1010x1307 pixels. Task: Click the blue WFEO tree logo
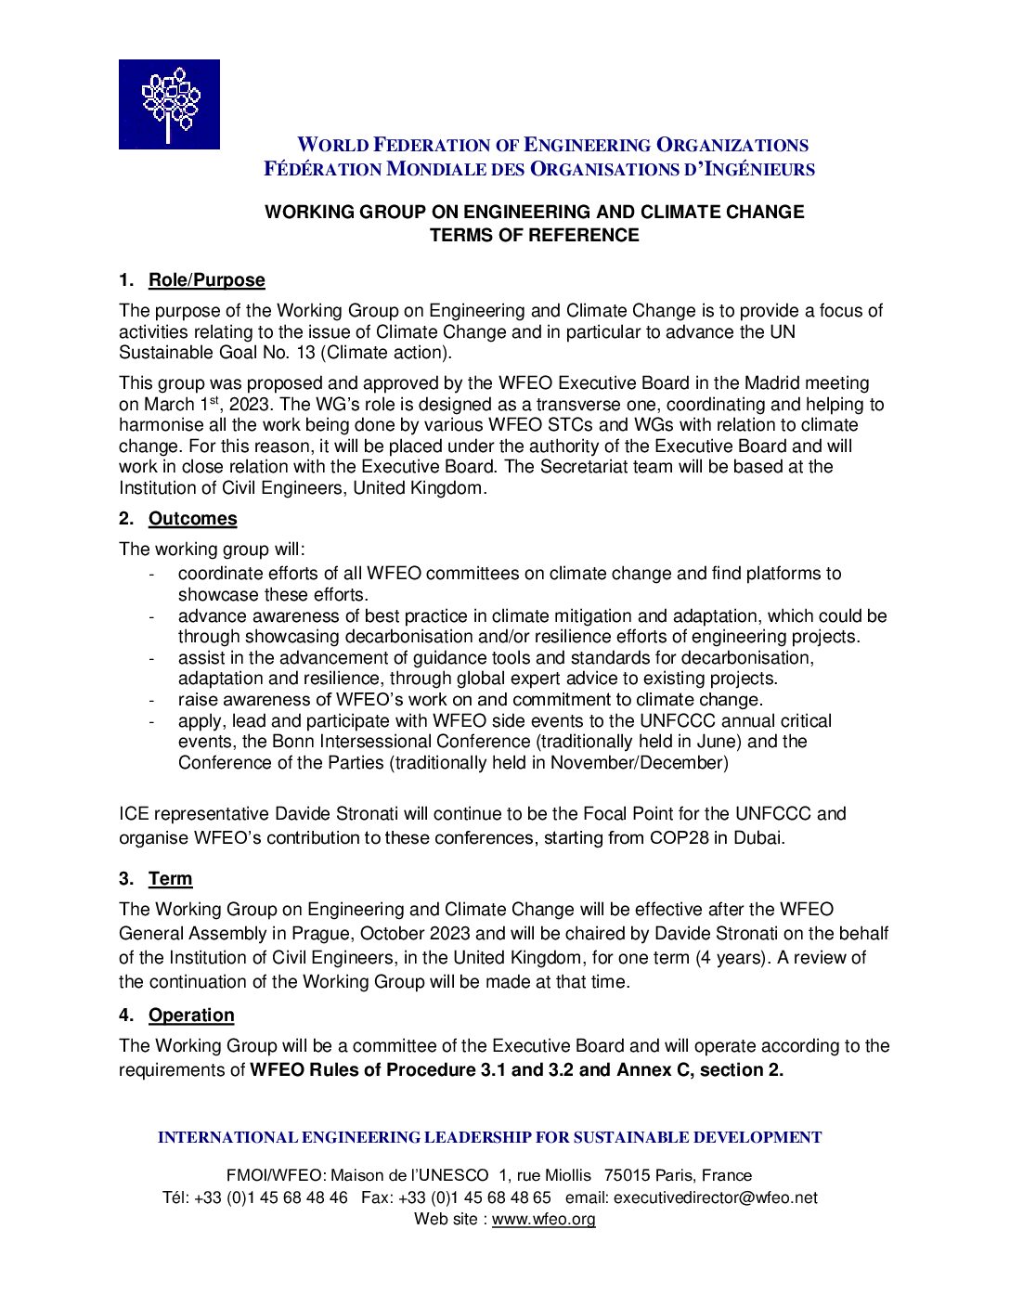coord(169,104)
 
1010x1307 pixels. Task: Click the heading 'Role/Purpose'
coord(206,280)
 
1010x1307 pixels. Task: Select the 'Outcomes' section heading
coord(192,519)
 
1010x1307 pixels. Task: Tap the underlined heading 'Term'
coord(170,879)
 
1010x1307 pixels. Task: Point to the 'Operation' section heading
coord(191,1016)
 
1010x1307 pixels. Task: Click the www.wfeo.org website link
coord(543,1220)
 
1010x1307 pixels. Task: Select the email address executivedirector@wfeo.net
coord(715,1198)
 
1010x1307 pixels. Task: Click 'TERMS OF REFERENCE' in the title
coord(534,236)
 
